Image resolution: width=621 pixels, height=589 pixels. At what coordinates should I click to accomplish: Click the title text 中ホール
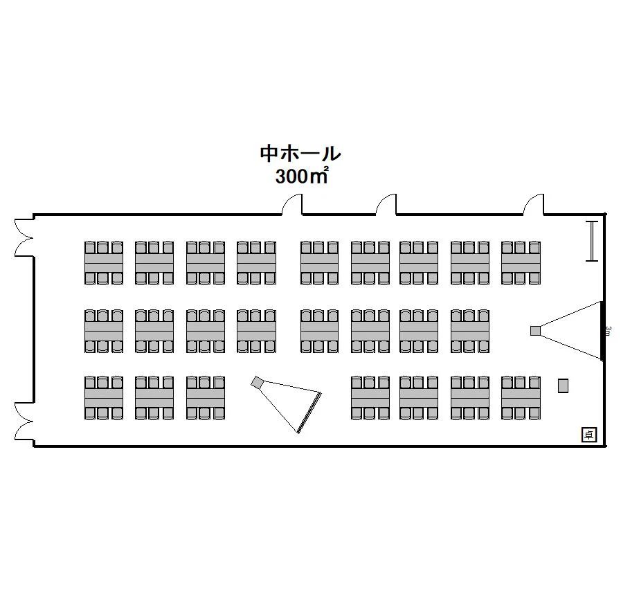[x=300, y=153]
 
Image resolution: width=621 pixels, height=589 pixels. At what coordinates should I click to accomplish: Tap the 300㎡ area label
[x=300, y=176]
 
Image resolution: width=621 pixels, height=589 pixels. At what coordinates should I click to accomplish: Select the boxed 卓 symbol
[x=588, y=435]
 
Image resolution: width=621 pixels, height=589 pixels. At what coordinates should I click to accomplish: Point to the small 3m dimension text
[x=607, y=331]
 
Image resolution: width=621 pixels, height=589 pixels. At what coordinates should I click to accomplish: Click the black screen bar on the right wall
[x=602, y=331]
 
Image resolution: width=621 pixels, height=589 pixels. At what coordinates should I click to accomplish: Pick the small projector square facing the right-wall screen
[x=535, y=331]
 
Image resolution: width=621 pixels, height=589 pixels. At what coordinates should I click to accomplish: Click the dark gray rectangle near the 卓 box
[x=563, y=386]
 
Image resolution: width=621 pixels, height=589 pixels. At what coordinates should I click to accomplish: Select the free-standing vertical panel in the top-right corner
[x=591, y=241]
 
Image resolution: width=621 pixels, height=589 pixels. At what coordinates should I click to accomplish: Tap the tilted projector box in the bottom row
[x=257, y=381]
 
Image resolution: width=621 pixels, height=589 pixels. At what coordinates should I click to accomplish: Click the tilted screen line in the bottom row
[x=309, y=413]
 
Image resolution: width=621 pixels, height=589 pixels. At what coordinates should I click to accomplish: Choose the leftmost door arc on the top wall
[x=294, y=205]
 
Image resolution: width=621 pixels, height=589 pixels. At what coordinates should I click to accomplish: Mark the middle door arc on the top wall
[x=386, y=205]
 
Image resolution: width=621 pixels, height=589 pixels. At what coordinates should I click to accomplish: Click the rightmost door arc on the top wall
[x=534, y=205]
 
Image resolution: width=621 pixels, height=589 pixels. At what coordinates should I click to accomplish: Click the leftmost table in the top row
[x=104, y=263]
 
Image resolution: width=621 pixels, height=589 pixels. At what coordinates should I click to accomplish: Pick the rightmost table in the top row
[x=521, y=263]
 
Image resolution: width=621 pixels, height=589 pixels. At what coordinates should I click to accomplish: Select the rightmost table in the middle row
[x=470, y=331]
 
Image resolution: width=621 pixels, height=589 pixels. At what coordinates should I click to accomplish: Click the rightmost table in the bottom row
[x=521, y=399]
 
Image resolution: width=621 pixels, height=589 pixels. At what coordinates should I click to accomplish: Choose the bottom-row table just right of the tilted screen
[x=370, y=399]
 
